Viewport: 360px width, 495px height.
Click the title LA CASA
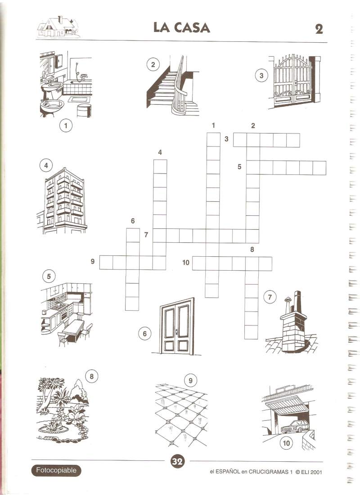182,27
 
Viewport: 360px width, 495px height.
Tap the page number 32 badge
177,462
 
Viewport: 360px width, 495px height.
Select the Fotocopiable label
56,470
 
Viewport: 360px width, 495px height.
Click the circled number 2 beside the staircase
153,65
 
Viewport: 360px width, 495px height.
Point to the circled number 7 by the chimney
270,297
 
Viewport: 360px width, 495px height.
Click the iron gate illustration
294,81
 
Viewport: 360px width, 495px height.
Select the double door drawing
177,326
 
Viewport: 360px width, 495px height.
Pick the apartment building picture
62,201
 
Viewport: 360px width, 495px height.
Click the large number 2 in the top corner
319,29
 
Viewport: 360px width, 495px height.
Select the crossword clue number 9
93,261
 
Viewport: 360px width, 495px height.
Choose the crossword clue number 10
185,263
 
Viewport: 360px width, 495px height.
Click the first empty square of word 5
253,168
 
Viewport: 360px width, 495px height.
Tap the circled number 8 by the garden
92,376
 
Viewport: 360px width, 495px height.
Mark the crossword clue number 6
133,221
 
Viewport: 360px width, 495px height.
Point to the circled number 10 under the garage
286,443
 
